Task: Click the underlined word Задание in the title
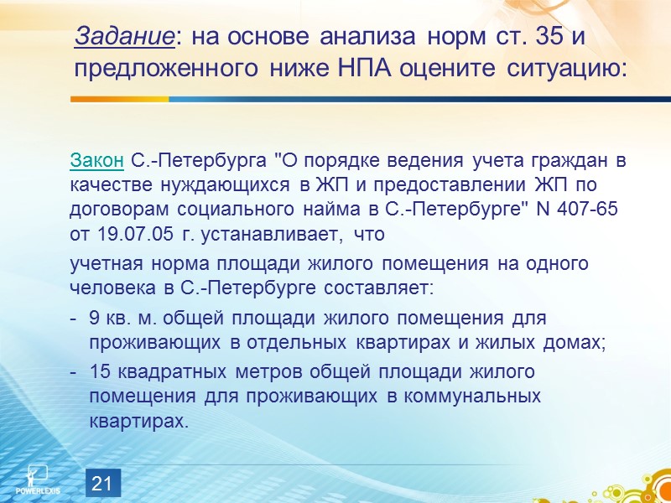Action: pos(123,36)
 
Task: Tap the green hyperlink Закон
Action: pos(96,159)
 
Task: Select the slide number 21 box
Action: pos(101,483)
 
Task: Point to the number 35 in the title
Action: pos(529,36)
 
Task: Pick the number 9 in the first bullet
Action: pos(95,319)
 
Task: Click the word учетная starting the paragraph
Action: pos(101,264)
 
